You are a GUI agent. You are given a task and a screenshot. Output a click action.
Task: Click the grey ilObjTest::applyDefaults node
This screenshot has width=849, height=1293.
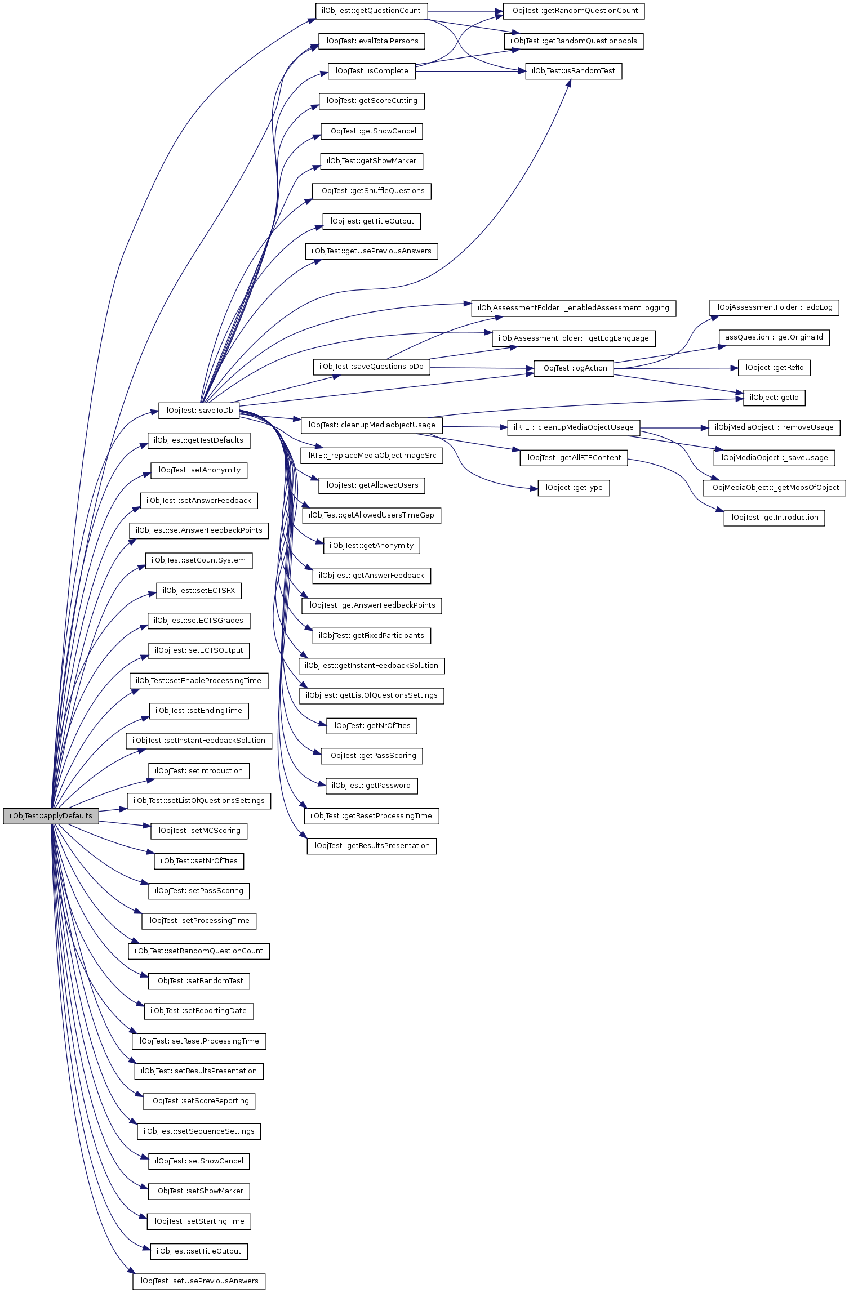51,816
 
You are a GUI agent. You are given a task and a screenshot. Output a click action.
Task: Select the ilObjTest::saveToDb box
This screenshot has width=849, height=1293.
199,411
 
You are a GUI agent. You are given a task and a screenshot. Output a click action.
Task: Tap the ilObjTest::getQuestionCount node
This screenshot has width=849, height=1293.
371,11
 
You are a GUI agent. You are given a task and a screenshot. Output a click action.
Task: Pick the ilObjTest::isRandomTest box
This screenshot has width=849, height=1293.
573,71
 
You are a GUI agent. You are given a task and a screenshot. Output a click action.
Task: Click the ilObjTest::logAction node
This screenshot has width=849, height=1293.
573,368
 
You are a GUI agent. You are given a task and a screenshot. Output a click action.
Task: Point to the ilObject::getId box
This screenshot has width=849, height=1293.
774,398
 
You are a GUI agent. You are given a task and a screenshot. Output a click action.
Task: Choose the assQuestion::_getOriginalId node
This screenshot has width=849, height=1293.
774,337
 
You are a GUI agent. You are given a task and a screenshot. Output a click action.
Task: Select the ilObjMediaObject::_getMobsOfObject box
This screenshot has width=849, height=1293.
774,488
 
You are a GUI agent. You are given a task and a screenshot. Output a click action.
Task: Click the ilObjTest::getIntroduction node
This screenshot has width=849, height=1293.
774,518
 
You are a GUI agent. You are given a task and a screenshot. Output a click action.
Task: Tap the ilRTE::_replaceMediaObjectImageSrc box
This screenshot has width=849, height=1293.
371,456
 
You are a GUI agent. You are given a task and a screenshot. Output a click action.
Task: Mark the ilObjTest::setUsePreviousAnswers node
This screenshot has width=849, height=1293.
198,1281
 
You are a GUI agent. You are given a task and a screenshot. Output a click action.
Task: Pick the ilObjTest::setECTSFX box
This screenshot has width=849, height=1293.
198,591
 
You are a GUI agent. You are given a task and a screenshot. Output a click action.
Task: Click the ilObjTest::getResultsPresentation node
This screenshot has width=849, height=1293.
371,846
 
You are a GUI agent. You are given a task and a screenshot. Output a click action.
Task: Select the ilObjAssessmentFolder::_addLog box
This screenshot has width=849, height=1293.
774,307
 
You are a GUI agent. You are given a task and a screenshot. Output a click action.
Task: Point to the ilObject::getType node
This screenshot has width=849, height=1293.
573,488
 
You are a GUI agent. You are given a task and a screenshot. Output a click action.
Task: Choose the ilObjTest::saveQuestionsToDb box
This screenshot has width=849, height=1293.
371,367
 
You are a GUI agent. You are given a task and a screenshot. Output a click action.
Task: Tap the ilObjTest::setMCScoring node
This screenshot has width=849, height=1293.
198,831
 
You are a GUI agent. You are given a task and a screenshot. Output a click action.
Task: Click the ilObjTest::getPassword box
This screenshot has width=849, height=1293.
371,786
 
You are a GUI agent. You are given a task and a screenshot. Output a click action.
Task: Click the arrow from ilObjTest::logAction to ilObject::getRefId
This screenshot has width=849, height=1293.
676,368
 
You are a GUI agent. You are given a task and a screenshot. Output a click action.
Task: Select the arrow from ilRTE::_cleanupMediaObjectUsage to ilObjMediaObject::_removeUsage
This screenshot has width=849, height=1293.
674,428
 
